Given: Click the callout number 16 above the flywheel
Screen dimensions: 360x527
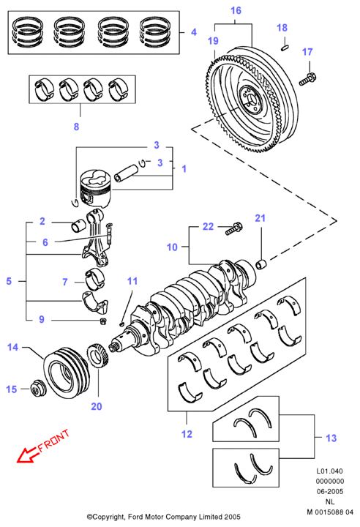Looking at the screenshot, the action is (x=236, y=10).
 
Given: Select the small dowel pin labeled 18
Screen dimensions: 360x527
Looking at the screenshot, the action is (x=285, y=48).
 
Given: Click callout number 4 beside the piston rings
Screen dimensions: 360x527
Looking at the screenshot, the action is (x=194, y=32).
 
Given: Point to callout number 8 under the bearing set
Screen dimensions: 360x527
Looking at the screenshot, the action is (x=76, y=127).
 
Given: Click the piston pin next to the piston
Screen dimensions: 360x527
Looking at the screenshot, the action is (x=126, y=173).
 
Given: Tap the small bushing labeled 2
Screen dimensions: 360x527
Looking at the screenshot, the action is (x=78, y=225).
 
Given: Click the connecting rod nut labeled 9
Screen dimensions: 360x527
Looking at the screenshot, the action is (x=103, y=321).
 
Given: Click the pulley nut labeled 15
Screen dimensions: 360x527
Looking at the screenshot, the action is (x=37, y=389).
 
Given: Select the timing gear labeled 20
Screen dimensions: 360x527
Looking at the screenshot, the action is (x=97, y=356).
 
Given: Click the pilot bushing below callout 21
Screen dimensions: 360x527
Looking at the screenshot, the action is (x=261, y=264).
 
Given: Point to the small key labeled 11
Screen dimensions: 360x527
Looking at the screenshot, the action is (x=121, y=324).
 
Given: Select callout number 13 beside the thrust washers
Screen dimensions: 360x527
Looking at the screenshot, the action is (x=331, y=438).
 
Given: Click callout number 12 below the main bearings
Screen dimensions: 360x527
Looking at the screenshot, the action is (x=187, y=434).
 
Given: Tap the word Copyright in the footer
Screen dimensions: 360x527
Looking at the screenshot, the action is (x=105, y=517).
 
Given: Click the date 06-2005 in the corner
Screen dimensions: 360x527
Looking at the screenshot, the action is (x=330, y=491).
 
